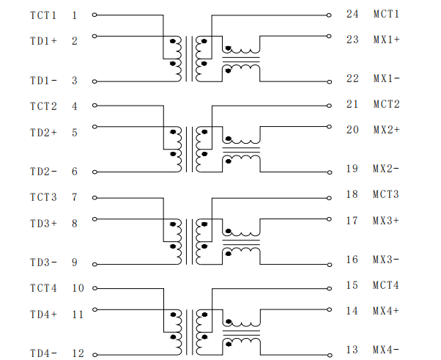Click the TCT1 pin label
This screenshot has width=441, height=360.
pyautogui.click(x=43, y=15)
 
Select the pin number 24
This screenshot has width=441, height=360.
pyautogui.click(x=352, y=14)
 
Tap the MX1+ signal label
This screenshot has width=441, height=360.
pyautogui.click(x=387, y=40)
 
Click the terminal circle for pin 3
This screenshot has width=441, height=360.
pyautogui.click(x=94, y=81)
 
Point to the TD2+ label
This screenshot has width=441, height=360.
pyautogui.click(x=44, y=132)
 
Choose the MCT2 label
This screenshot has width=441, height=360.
pyautogui.click(x=387, y=104)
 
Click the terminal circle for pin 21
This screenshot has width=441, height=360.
pyautogui.click(x=329, y=106)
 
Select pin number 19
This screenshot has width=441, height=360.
pyautogui.click(x=352, y=169)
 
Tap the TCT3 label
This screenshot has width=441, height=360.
pyautogui.click(x=43, y=197)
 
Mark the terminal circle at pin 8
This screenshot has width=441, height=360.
pyautogui.click(x=94, y=219)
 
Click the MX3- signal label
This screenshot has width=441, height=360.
pyautogui.click(x=386, y=260)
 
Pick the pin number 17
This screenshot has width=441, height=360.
pyautogui.click(x=352, y=221)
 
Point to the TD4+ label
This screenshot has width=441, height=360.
pyautogui.click(x=44, y=315)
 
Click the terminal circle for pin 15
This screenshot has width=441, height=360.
pyautogui.click(x=329, y=288)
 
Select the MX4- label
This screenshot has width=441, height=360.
pyautogui.click(x=386, y=350)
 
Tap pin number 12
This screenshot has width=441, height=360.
pyautogui.click(x=78, y=353)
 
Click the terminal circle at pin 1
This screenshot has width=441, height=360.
pyautogui.click(x=94, y=15)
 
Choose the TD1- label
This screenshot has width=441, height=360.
pyautogui.click(x=44, y=81)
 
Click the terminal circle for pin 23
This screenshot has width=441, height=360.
pyautogui.click(x=329, y=36)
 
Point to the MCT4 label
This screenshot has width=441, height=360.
pyautogui.click(x=386, y=285)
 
